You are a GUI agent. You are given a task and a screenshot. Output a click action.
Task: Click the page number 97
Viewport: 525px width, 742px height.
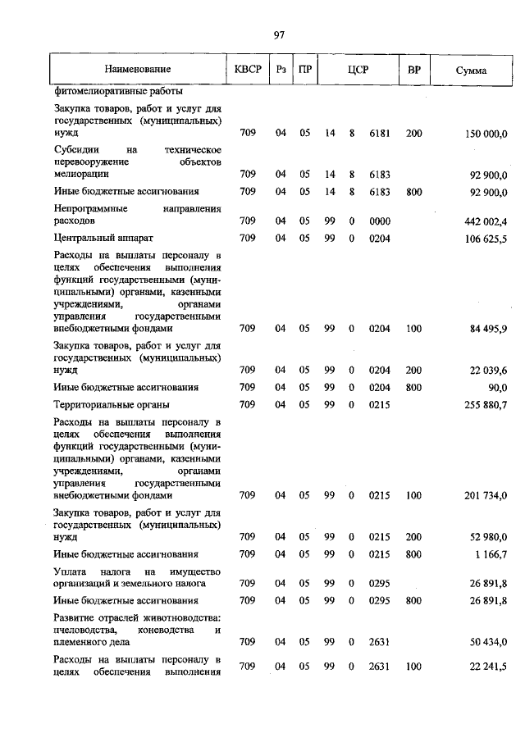tap(279, 34)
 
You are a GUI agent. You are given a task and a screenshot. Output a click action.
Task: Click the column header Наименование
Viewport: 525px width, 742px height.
tap(137, 71)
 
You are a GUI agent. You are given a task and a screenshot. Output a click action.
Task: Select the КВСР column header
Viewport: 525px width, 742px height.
tap(248, 70)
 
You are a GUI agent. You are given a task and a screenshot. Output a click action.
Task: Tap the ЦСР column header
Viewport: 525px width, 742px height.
tap(357, 70)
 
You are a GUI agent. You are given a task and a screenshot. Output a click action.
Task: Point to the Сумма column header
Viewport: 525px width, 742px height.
tap(471, 71)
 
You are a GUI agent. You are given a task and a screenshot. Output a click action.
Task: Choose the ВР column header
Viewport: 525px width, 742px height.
tap(414, 70)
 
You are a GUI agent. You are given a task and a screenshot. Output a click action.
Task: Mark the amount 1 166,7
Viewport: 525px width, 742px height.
tap(490, 554)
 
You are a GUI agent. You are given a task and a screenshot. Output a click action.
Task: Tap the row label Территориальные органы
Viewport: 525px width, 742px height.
tap(112, 404)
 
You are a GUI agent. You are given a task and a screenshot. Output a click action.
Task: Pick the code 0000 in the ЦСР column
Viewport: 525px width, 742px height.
tap(379, 221)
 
